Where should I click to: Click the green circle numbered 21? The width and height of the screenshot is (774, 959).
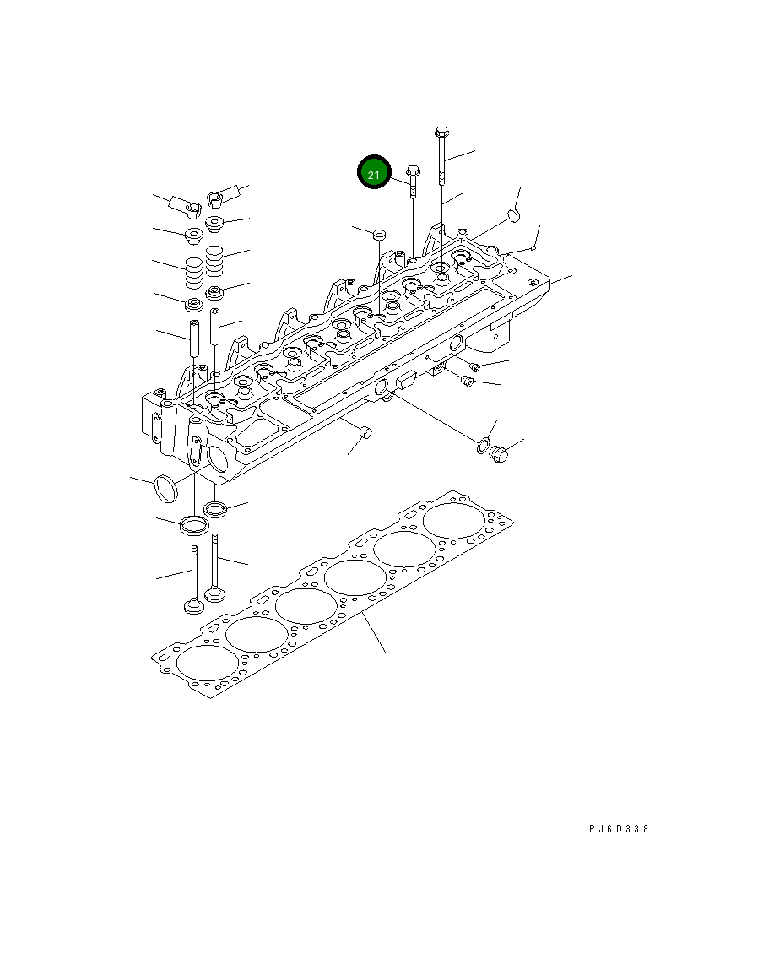tap(374, 173)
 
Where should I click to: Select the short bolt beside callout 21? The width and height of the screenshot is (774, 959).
tap(413, 182)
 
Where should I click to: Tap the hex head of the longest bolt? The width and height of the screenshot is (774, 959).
tap(441, 133)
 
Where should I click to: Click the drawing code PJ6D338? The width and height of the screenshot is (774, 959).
tap(619, 829)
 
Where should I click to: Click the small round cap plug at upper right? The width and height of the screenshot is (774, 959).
tap(512, 217)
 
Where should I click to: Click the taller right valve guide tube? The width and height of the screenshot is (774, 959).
tap(215, 328)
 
